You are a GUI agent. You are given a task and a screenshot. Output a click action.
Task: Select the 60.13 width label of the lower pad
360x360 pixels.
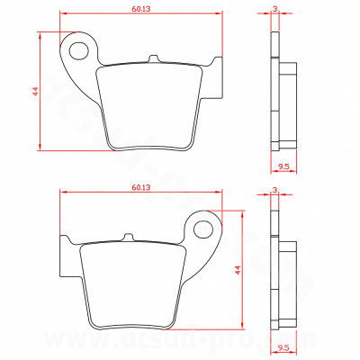(139, 187)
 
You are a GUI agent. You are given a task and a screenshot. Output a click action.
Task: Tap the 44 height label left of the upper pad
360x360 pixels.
(34, 92)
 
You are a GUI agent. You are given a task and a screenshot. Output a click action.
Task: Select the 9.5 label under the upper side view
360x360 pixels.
(283, 167)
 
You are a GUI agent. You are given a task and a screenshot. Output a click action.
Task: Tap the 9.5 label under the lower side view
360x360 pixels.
(283, 346)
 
